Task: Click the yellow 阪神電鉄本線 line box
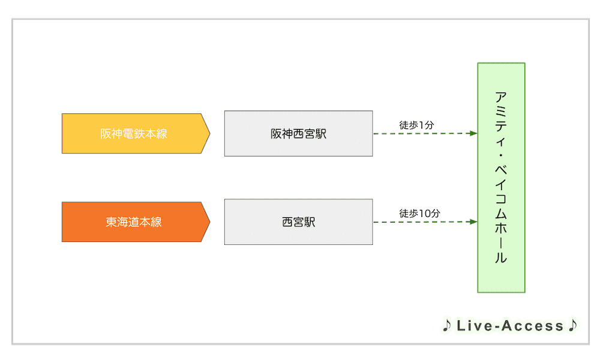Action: (135, 133)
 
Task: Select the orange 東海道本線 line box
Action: (135, 222)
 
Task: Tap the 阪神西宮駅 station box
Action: (298, 133)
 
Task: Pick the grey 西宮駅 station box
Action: (298, 222)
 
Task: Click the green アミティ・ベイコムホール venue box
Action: (501, 178)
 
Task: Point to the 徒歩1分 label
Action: (416, 125)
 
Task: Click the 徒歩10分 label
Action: (419, 213)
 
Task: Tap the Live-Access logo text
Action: (510, 326)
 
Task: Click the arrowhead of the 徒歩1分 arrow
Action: (473, 134)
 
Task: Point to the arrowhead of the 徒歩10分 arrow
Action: (473, 222)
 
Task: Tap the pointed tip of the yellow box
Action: (209, 133)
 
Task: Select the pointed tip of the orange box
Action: (209, 222)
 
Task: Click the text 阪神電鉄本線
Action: (133, 134)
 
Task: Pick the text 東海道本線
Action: (133, 222)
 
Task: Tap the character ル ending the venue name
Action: (501, 258)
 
